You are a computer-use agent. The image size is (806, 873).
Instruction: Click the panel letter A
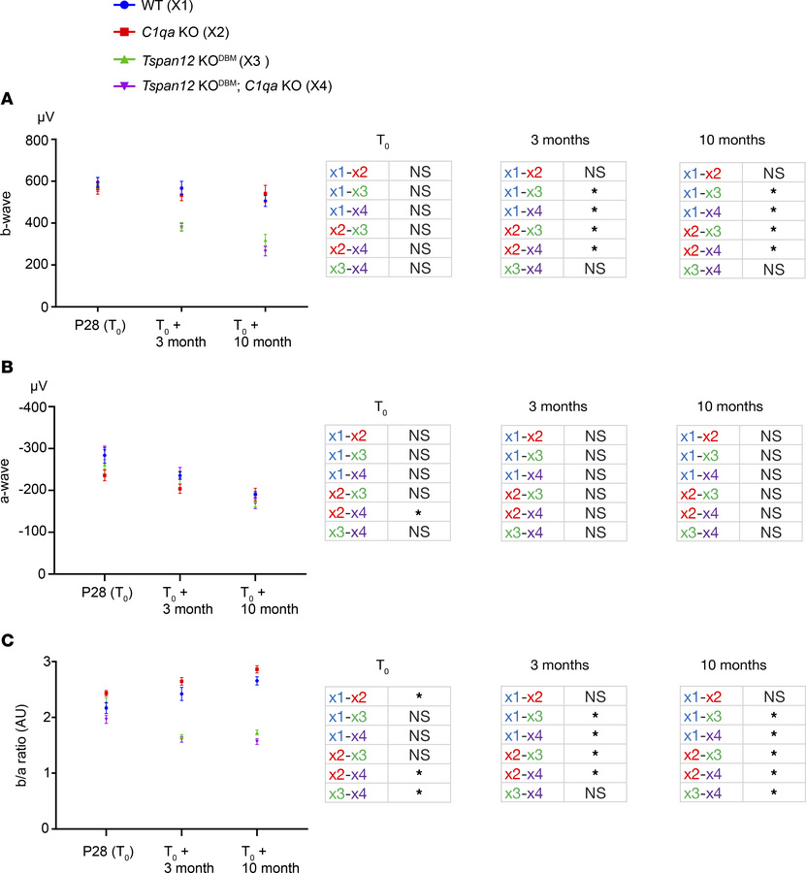coord(8,98)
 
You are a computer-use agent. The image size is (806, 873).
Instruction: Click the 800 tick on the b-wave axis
coord(35,140)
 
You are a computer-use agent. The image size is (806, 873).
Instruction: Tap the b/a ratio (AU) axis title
coord(12,745)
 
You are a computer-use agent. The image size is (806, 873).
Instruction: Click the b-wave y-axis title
coord(12,222)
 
